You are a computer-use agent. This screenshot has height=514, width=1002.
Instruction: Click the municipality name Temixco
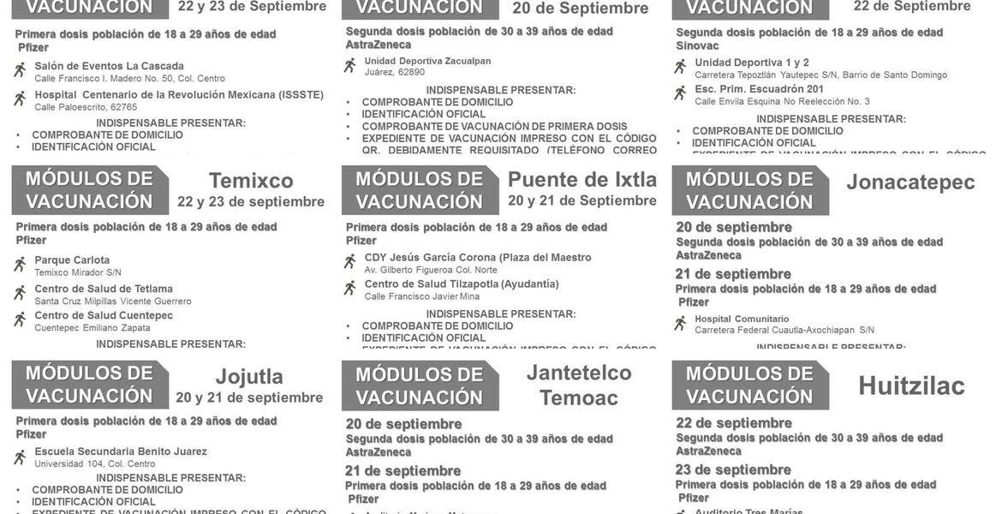pyautogui.click(x=251, y=181)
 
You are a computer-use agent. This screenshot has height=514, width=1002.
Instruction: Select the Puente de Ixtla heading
pyautogui.click(x=582, y=180)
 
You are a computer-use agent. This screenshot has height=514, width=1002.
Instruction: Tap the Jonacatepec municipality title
pyautogui.click(x=910, y=182)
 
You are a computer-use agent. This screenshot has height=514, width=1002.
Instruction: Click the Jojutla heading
pyautogui.click(x=249, y=377)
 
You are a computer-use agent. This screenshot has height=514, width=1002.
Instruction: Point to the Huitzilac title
pyautogui.click(x=911, y=386)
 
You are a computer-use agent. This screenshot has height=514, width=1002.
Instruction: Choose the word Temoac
pyautogui.click(x=579, y=397)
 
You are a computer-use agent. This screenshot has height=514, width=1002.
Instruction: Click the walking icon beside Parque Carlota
pyautogui.click(x=20, y=265)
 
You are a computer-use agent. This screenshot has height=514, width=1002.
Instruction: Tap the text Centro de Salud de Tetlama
pyautogui.click(x=104, y=289)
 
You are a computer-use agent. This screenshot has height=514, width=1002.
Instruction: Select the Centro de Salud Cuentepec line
pyautogui.click(x=104, y=315)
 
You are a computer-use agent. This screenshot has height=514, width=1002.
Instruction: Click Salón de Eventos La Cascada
pyautogui.click(x=109, y=66)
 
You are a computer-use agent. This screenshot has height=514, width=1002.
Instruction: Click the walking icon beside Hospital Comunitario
pyautogui.click(x=680, y=323)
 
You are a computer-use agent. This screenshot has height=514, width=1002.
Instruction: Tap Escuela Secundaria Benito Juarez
pyautogui.click(x=121, y=451)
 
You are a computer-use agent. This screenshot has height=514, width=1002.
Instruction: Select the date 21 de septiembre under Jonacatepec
pyautogui.click(x=733, y=274)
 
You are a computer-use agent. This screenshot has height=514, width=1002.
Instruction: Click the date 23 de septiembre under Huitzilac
pyautogui.click(x=734, y=469)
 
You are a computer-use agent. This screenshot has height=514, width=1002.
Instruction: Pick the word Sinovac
pyautogui.click(x=697, y=45)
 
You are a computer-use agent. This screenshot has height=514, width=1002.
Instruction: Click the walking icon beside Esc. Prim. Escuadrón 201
pyautogui.click(x=680, y=93)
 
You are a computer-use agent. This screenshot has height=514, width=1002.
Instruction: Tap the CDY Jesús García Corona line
pyautogui.click(x=478, y=257)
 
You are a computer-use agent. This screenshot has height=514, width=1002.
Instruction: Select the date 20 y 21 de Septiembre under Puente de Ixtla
pyautogui.click(x=582, y=200)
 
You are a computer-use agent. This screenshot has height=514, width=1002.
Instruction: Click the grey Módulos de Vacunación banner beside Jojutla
pyautogui.click(x=89, y=385)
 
